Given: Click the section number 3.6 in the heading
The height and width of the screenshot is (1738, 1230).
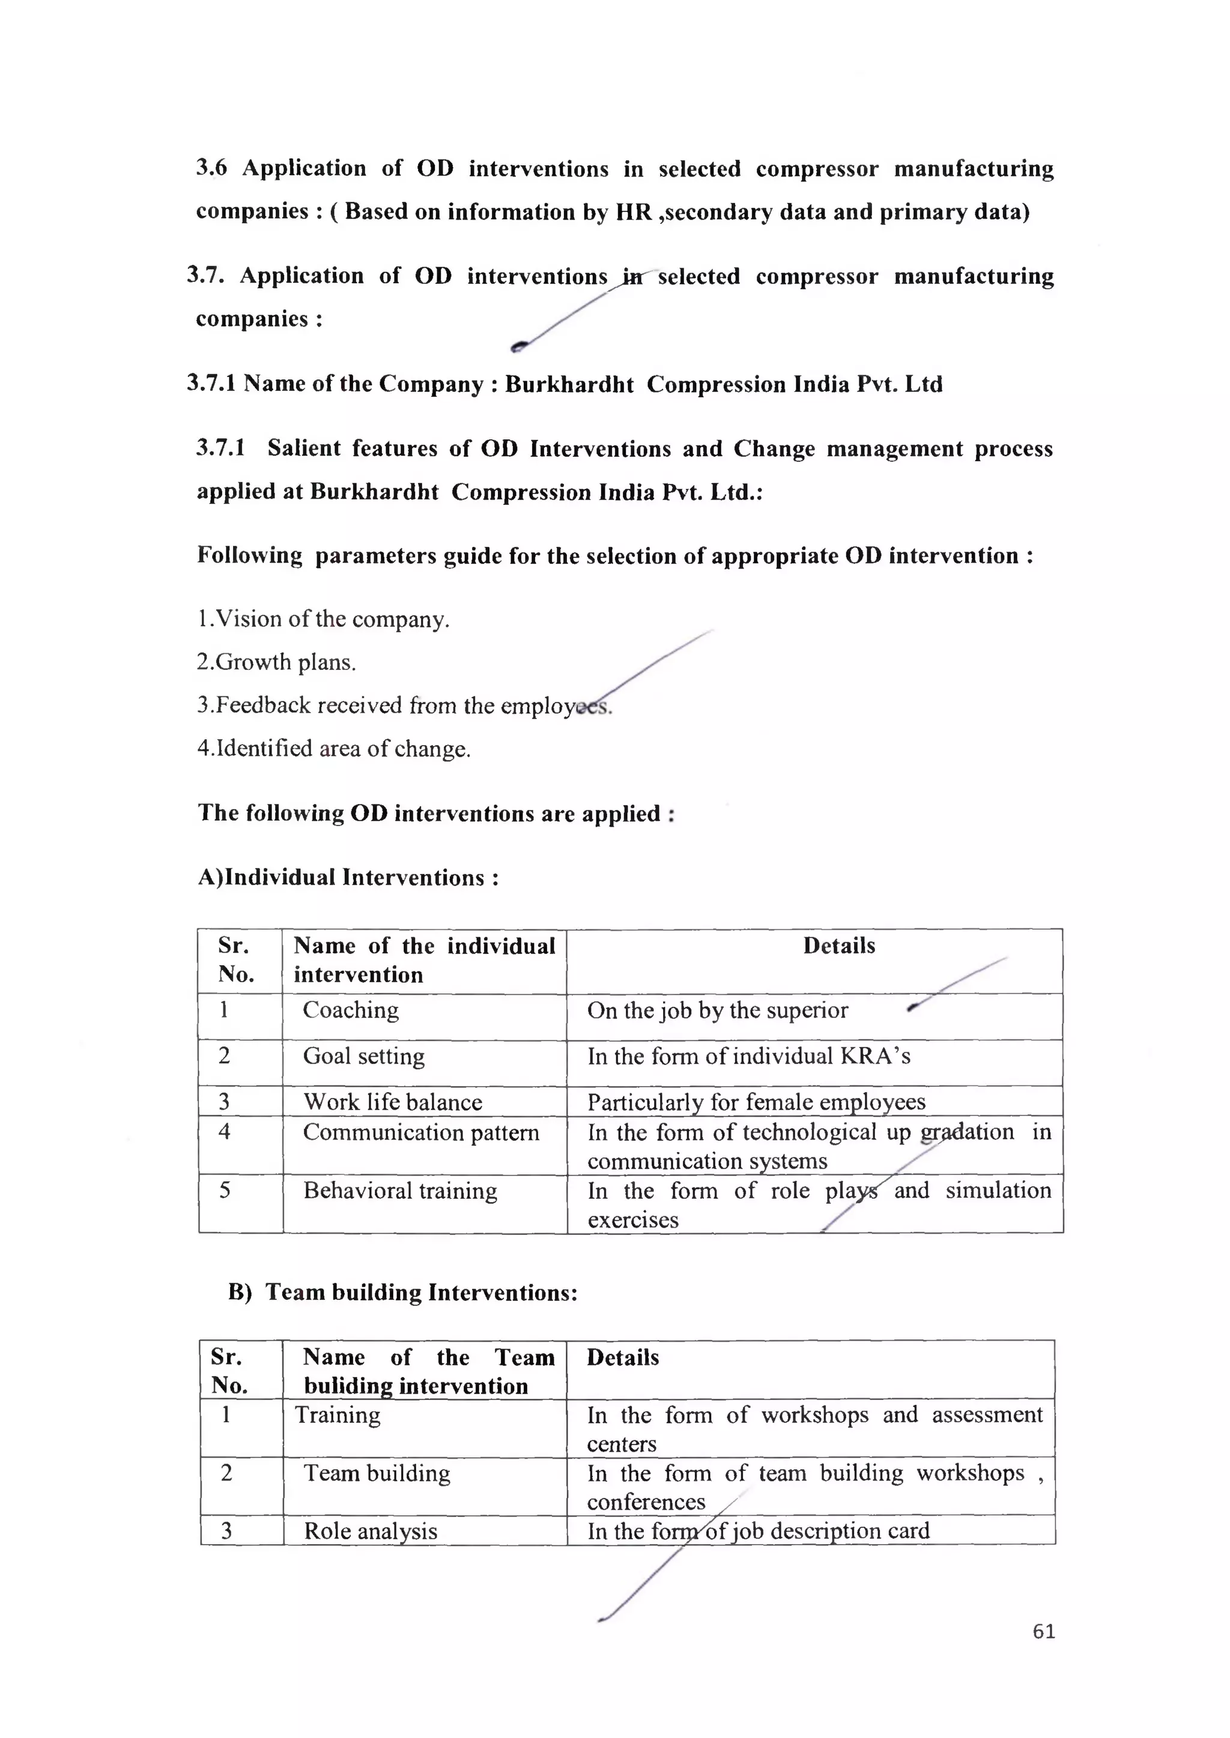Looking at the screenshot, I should pos(211,168).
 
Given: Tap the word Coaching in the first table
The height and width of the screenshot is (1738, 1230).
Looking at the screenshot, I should pos(350,1010).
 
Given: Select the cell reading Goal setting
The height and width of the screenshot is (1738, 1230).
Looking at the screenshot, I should pos(363,1056).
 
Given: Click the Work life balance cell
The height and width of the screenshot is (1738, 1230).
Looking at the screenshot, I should pos(392,1102).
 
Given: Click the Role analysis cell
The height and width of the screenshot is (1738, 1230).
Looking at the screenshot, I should pos(371,1531).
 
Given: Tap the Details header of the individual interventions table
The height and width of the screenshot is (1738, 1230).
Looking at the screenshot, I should pos(838,946).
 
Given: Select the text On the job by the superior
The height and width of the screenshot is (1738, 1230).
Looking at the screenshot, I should pos(717,1010).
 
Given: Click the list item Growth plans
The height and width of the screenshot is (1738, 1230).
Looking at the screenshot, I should pos(276,662).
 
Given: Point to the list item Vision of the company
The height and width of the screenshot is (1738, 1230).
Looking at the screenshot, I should pos(323,619).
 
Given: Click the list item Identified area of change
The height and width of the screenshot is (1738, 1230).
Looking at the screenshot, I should pos(334,749).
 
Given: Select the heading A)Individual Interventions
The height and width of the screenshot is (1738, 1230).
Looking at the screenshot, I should pos(348,877).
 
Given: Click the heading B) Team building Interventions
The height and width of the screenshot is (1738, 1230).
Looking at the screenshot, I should pos(403,1292).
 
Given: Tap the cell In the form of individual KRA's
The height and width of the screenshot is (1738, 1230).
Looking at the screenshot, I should pos(748,1056).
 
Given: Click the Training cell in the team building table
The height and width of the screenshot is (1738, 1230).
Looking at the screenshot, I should pos(338,1415).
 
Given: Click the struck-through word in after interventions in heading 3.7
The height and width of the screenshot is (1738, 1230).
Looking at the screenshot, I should pos(632,277).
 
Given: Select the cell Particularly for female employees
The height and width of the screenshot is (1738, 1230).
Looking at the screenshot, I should pos(756,1102).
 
